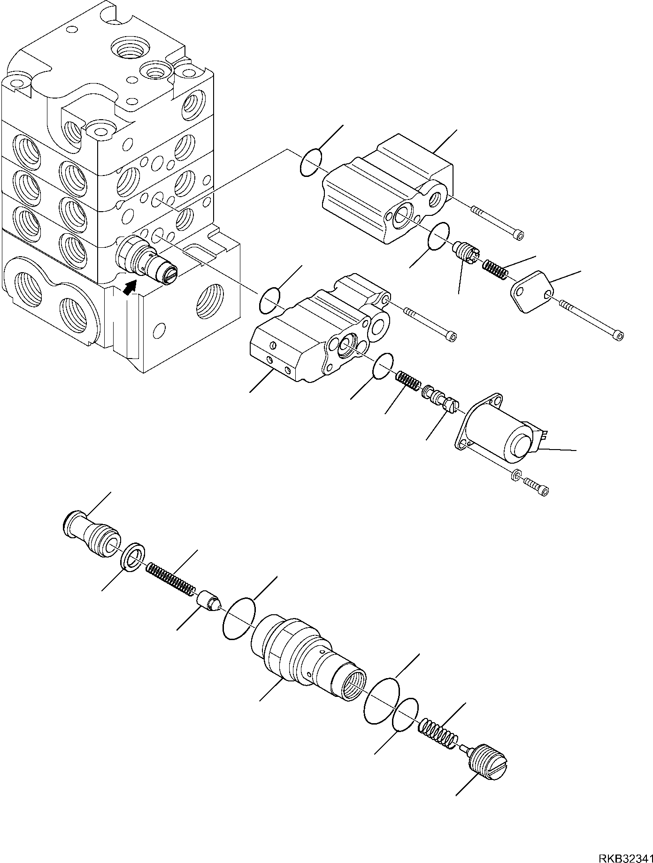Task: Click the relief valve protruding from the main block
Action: coord(146,261)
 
